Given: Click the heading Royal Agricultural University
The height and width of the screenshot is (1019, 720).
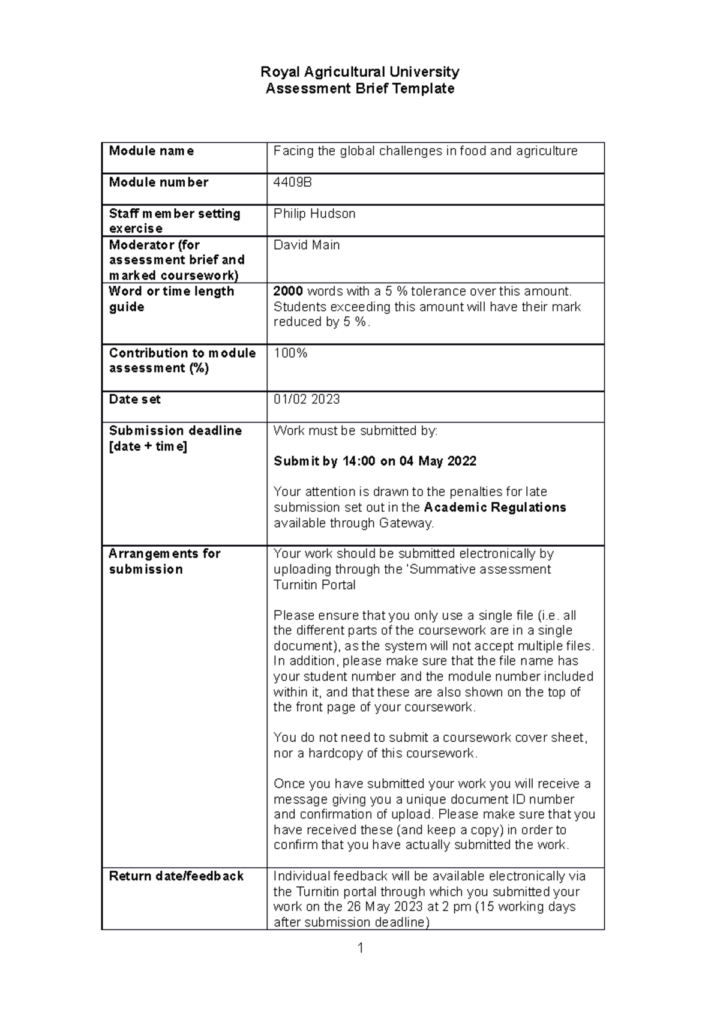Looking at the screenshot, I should pyautogui.click(x=359, y=72).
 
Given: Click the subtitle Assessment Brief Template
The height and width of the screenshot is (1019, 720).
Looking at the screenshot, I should pyautogui.click(x=359, y=89).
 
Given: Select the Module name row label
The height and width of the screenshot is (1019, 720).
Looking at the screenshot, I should pyautogui.click(x=151, y=151).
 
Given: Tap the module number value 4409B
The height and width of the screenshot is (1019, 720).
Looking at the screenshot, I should pyautogui.click(x=292, y=182).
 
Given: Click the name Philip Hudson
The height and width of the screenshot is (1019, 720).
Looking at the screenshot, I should pyautogui.click(x=314, y=214).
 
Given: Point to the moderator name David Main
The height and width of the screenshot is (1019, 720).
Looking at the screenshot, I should pyautogui.click(x=307, y=245).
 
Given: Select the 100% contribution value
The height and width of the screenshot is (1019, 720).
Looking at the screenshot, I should pyautogui.click(x=290, y=353).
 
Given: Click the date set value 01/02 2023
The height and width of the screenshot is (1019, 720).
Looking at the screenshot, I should pyautogui.click(x=307, y=400).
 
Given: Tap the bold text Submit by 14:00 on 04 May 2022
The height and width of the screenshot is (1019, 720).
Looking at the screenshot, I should pyautogui.click(x=375, y=461).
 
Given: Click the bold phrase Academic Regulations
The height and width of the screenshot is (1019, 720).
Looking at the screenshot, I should pyautogui.click(x=495, y=508).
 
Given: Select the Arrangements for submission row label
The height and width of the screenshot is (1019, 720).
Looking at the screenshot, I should pyautogui.click(x=164, y=561).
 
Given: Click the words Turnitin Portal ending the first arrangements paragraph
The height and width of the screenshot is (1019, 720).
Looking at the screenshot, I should pyautogui.click(x=314, y=585).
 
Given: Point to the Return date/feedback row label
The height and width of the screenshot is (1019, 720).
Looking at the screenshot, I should pyautogui.click(x=176, y=876).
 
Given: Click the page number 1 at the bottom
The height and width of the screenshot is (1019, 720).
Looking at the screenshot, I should pyautogui.click(x=360, y=948).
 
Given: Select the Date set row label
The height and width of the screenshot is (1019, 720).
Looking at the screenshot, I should pyautogui.click(x=134, y=400).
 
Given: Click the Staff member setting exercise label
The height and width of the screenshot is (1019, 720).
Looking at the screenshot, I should pyautogui.click(x=174, y=221).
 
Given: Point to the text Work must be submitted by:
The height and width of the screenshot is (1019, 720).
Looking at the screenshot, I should pyautogui.click(x=355, y=431).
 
